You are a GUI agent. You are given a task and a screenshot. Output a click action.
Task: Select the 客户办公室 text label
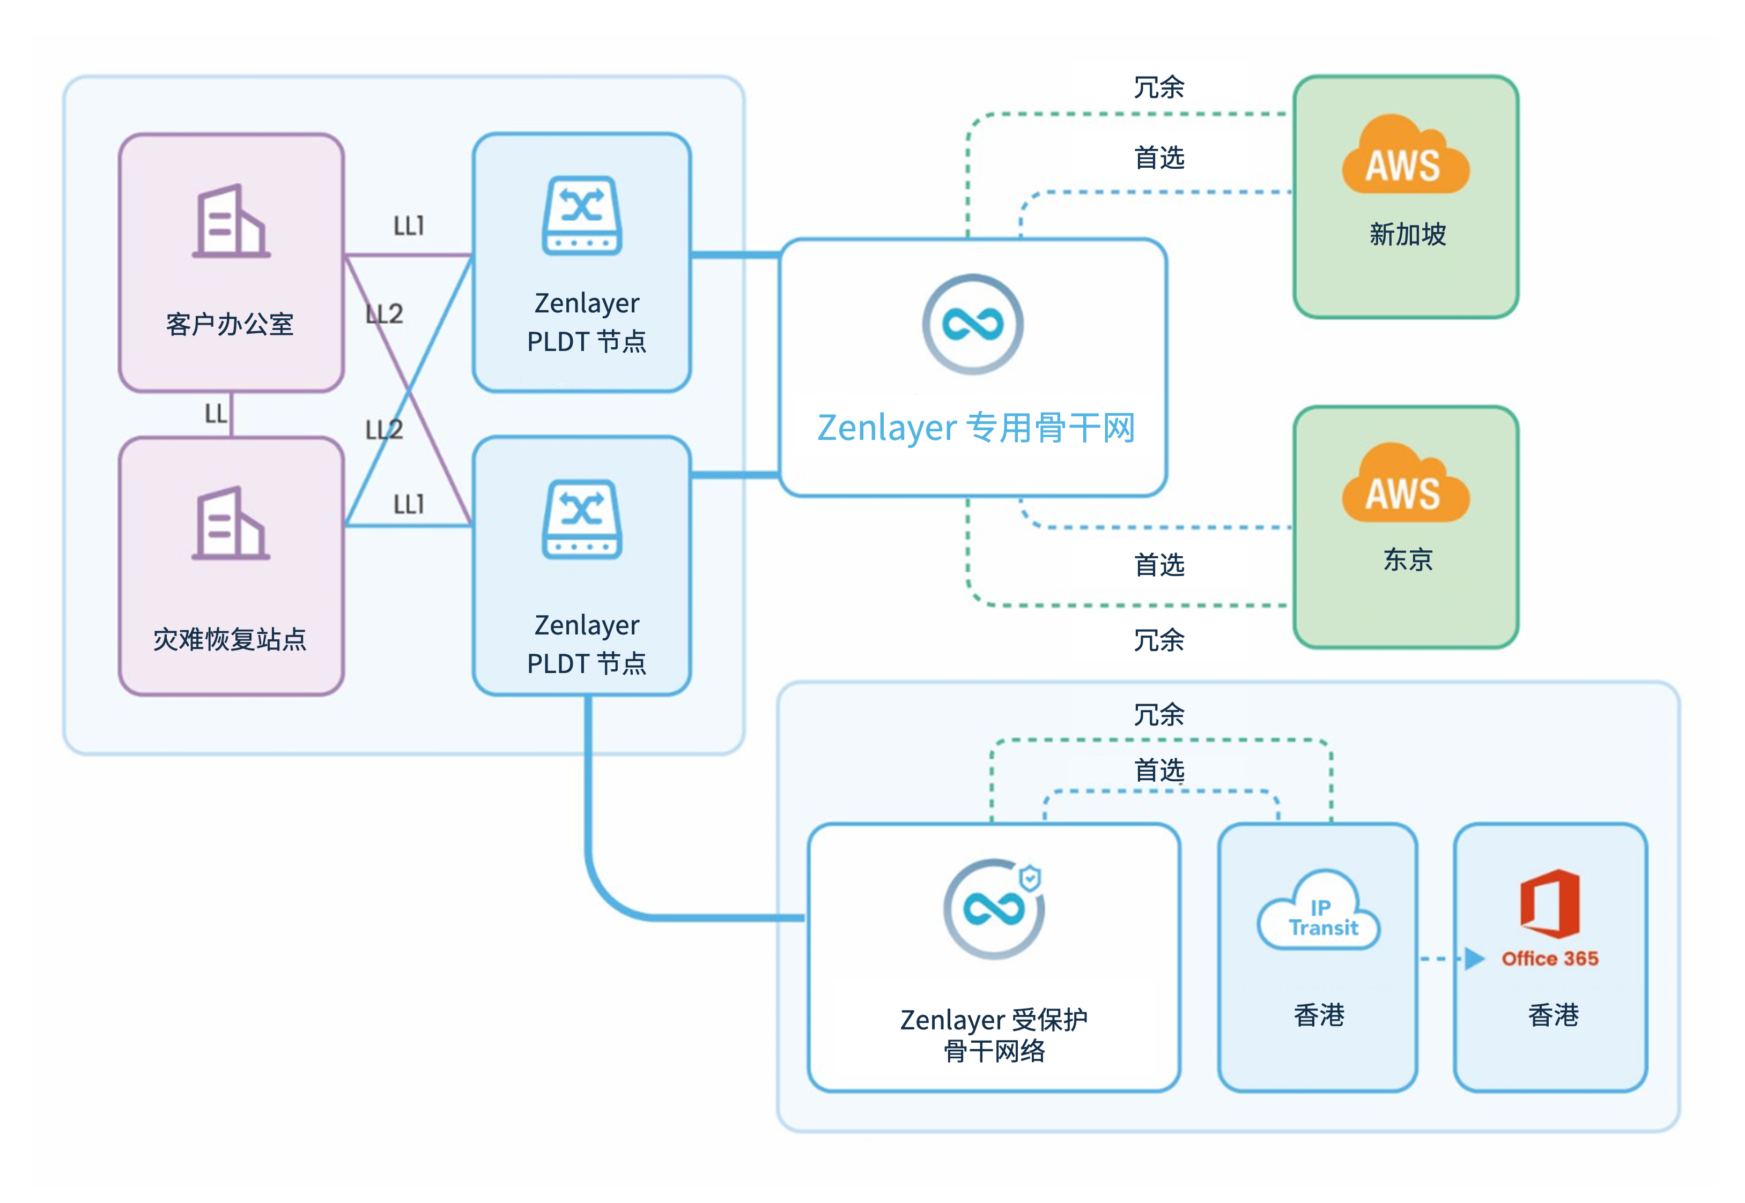230,324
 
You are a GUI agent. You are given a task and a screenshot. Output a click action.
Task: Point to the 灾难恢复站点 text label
230,639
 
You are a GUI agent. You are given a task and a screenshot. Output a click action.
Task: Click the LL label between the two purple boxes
216,413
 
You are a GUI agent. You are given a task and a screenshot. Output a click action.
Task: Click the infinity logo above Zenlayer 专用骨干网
973,324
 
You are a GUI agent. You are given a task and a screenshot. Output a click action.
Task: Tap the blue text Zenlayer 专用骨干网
976,428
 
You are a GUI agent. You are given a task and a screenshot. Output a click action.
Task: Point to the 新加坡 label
1407,234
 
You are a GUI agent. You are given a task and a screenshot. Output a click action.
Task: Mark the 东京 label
1407,559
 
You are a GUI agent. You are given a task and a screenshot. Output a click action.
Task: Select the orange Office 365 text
1550,959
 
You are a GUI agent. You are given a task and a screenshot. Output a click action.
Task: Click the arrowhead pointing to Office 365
1474,959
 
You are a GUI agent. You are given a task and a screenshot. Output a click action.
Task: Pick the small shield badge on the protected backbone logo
1030,878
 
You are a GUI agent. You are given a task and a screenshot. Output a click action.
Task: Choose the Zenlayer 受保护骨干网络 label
994,1035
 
